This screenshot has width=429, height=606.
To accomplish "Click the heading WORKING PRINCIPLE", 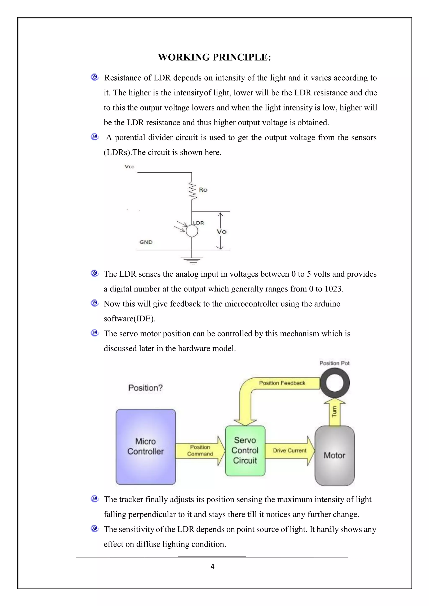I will pyautogui.click(x=214, y=57).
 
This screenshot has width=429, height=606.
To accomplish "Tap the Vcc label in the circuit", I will pyautogui.click(x=129, y=167).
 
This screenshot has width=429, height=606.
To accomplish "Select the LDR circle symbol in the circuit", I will pyautogui.click(x=192, y=231).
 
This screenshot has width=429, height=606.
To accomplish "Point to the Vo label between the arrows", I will pyautogui.click(x=221, y=232).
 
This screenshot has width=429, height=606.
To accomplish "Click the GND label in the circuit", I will pyautogui.click(x=146, y=242).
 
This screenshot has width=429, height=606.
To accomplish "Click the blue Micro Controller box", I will pyautogui.click(x=146, y=447).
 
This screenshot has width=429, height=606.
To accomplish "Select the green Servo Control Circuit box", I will pyautogui.click(x=245, y=451).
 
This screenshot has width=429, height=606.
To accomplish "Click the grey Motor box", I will pyautogui.click(x=335, y=456).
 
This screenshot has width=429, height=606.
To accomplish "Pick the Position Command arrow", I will pyautogui.click(x=200, y=451).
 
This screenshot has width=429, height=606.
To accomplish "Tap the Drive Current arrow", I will pyautogui.click(x=290, y=451).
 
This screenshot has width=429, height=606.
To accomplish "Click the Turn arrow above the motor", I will pyautogui.click(x=335, y=412).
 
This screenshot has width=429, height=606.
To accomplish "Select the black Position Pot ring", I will pyautogui.click(x=335, y=383).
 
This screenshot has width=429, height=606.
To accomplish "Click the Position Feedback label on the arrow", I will pyautogui.click(x=282, y=383).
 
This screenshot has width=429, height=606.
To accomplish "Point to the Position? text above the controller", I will pyautogui.click(x=145, y=388).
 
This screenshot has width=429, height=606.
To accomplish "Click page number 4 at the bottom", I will pyautogui.click(x=212, y=567).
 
